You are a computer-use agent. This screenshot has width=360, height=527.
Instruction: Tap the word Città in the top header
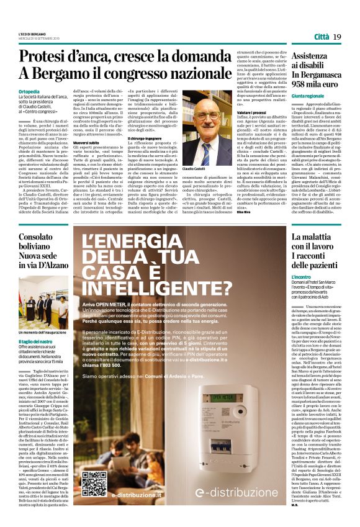tap(321, 37)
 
